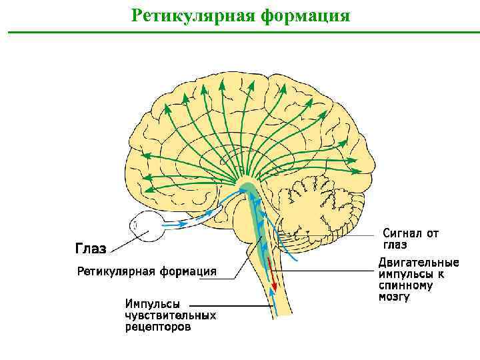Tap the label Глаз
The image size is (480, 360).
tap(90, 249)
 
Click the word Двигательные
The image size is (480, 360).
tap(418, 262)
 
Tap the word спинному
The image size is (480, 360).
tap(405, 285)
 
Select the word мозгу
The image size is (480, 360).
tap(394, 297)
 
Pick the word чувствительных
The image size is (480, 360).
tap(170, 315)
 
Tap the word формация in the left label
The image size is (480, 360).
tap(186, 271)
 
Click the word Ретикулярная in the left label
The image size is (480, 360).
tap(115, 271)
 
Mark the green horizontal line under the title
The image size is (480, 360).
tap(240, 31)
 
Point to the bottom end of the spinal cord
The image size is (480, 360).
tap(281, 316)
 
